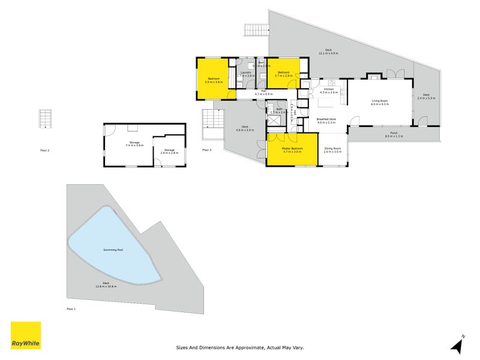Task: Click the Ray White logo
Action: click(x=26, y=335)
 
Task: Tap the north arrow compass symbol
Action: click(x=458, y=345)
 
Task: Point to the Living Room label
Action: click(x=380, y=101)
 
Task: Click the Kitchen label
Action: click(x=329, y=89)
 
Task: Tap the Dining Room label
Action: click(x=332, y=148)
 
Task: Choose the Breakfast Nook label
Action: click(x=326, y=119)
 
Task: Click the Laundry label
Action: click(x=246, y=73)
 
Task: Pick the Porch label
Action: click(x=394, y=133)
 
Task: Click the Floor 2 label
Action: click(x=44, y=150)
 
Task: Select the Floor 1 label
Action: click(x=71, y=308)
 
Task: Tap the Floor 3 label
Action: click(x=206, y=150)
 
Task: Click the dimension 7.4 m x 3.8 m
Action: click(x=135, y=146)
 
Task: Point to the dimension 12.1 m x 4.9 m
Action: click(x=329, y=54)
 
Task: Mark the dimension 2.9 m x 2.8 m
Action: click(x=169, y=153)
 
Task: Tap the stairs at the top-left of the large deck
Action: click(x=254, y=30)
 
